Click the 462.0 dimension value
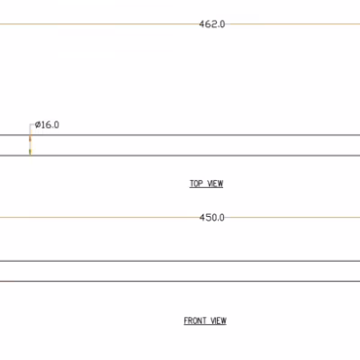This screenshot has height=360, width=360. click(211, 24)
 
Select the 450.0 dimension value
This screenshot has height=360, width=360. click(211, 218)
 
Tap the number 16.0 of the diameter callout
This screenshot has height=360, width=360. click(50, 125)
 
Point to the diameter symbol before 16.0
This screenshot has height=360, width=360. click(38, 125)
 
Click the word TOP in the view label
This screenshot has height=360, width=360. click(196, 184)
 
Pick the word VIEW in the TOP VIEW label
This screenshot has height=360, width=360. click(215, 184)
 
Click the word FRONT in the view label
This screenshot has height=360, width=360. click(195, 320)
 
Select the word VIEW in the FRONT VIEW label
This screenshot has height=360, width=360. click(219, 320)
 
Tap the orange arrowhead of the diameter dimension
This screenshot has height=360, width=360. click(30, 139)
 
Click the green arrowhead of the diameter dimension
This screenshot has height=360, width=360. click(30, 152)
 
